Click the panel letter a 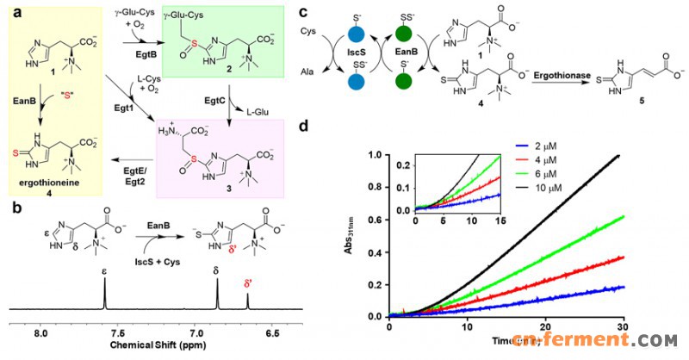11,11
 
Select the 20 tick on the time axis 546,327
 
